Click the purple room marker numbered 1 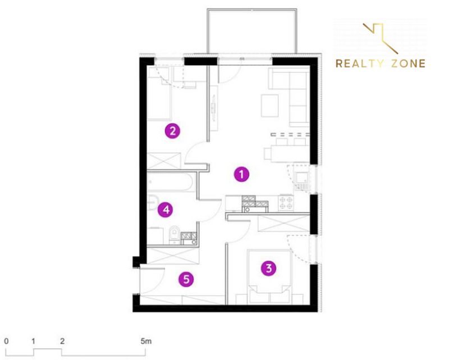tap(241, 174)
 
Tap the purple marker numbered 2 tap(172, 131)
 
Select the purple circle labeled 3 tap(269, 268)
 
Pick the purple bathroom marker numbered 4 tap(166, 210)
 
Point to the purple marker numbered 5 tap(186, 279)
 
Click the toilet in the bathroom tap(174, 234)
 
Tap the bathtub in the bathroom tap(171, 182)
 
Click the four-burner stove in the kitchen tap(286, 203)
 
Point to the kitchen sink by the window tap(302, 179)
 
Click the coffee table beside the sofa tap(270, 106)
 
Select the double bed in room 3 tap(269, 276)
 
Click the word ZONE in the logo tap(409, 63)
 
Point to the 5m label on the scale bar tap(146, 341)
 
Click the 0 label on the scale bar tap(6, 341)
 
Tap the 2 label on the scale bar tap(62, 341)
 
